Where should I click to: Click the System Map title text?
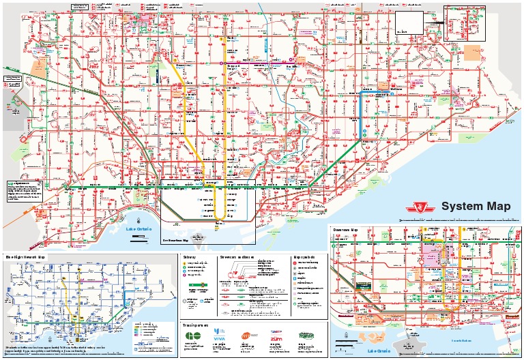[476, 207]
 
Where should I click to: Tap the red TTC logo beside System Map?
[425, 207]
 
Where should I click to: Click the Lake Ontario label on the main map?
[139, 229]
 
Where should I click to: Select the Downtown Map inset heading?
[345, 230]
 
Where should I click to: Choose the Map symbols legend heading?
[303, 256]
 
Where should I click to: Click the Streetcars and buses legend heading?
[237, 256]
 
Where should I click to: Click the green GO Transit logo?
[194, 337]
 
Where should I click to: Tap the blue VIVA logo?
[219, 336]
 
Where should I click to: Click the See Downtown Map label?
[175, 240]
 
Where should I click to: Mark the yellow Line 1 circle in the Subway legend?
[185, 262]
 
